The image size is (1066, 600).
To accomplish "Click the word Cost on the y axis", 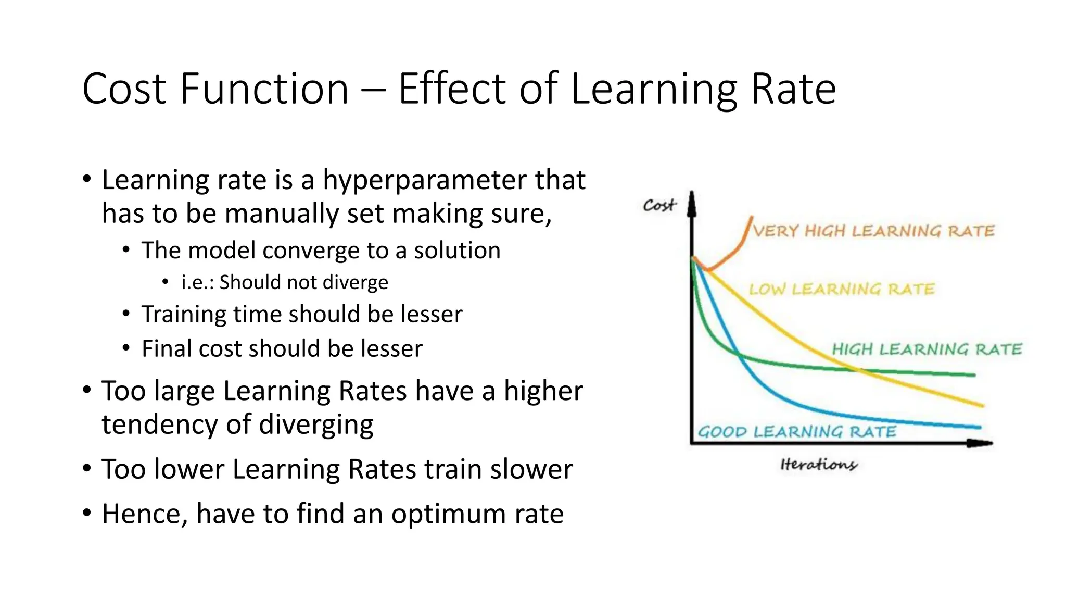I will click(659, 205).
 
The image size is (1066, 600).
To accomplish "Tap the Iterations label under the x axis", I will click(818, 464).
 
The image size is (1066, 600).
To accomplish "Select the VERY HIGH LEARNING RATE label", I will click(873, 231).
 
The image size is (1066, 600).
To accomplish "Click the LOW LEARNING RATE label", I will click(842, 289).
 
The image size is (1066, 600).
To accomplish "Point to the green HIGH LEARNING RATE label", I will click(927, 349).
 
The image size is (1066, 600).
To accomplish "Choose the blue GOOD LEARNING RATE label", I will click(797, 432).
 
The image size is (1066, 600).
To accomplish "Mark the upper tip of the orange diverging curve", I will click(751, 217).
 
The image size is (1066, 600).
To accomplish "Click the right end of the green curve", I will click(974, 374).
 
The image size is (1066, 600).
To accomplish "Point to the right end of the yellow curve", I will click(983, 405).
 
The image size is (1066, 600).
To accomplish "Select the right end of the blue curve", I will click(980, 428).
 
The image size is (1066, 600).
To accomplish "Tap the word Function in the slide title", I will click(264, 89).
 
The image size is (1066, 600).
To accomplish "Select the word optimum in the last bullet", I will click(449, 514).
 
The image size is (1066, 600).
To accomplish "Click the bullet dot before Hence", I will click(87, 513).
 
